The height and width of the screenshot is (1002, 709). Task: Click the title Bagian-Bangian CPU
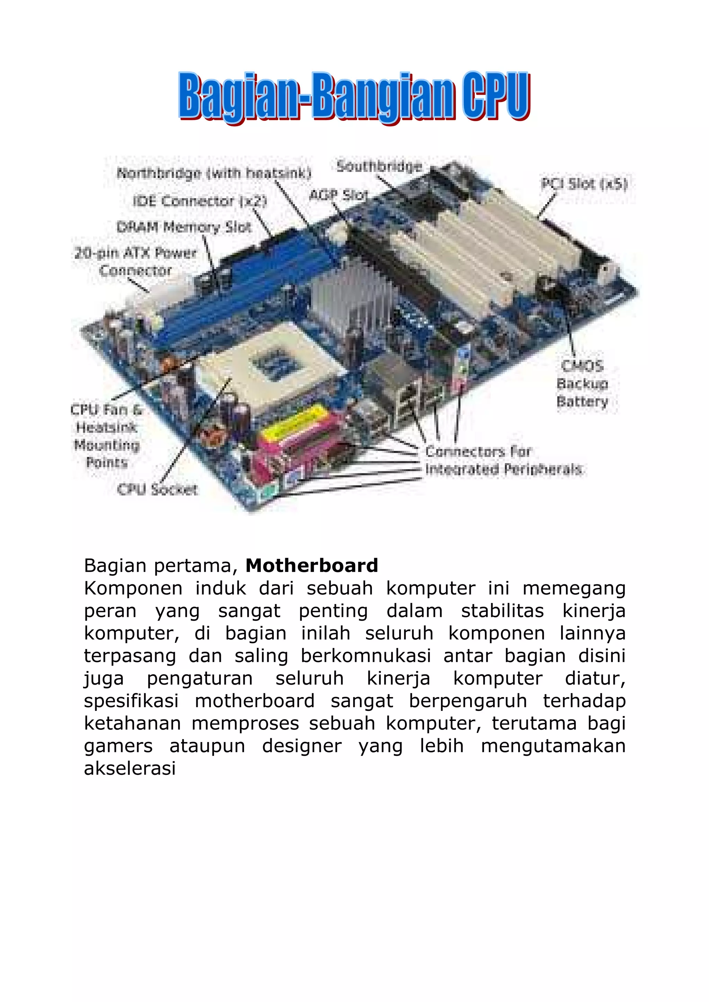point(354,97)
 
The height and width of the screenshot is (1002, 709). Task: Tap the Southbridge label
point(379,167)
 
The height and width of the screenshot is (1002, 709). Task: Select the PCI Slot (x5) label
point(584,184)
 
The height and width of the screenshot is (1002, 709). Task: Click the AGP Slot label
point(339,195)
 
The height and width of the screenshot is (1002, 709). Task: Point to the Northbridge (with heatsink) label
point(214,174)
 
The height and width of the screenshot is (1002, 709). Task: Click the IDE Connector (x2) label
point(200,201)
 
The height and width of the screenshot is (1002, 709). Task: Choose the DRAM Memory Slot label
point(184,227)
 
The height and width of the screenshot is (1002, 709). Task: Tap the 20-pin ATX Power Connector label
point(135,261)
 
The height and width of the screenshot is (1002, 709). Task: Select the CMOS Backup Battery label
point(582,383)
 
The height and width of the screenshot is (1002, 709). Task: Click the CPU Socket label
point(157,489)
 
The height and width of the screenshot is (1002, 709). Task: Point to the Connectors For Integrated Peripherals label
point(503,461)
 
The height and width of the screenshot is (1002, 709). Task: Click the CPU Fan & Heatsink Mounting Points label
point(107,436)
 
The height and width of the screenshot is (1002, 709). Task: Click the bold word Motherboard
point(312,566)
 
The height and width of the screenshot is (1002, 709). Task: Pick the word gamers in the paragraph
point(118,746)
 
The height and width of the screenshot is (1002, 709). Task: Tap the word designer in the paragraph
point(302,746)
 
